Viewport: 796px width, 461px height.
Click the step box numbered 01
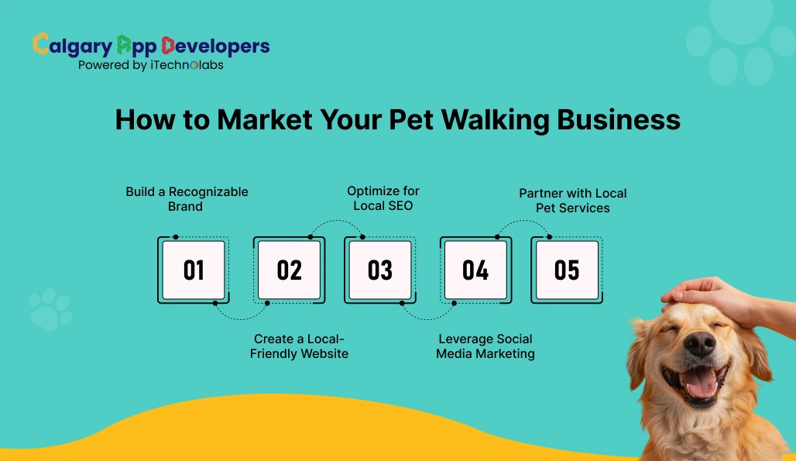click(x=194, y=270)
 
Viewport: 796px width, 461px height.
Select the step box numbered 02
click(x=289, y=270)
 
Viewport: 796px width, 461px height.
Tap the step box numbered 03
click(x=379, y=270)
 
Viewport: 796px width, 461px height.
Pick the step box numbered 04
click(x=475, y=270)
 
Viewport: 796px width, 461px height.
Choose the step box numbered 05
click(x=567, y=270)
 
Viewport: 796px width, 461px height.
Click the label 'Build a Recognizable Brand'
click(x=187, y=199)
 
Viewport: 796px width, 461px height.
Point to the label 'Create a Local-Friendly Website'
click(x=299, y=346)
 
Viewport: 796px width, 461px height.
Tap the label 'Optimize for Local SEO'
click(x=383, y=198)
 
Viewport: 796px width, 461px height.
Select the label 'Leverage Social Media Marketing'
click(x=485, y=346)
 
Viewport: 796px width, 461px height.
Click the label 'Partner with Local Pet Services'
click(x=573, y=201)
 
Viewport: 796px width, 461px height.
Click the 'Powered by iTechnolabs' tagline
click(x=150, y=66)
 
